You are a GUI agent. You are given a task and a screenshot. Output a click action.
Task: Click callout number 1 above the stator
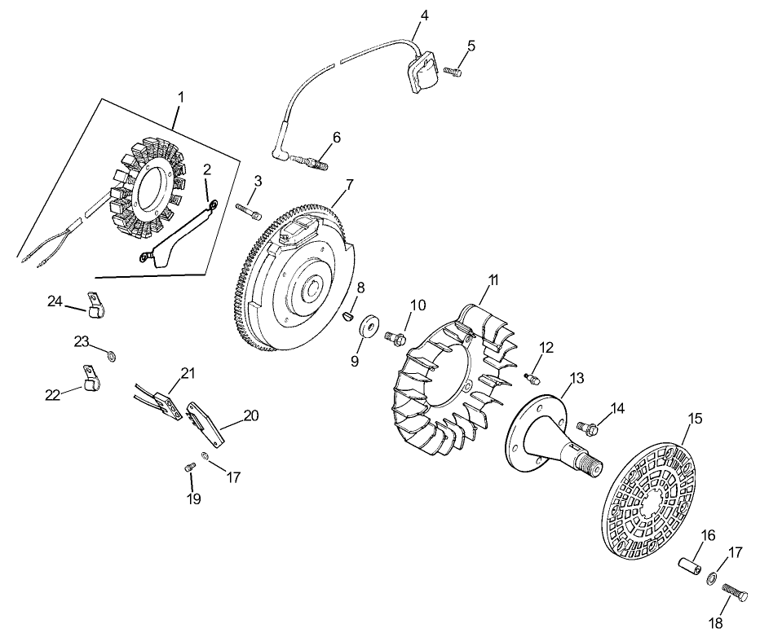click(181, 96)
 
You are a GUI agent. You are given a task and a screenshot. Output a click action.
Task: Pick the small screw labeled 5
click(453, 72)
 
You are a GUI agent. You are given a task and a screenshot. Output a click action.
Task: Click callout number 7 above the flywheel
click(350, 184)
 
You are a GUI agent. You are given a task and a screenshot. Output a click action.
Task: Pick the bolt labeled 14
click(588, 425)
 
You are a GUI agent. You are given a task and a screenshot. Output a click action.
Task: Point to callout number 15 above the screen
click(695, 420)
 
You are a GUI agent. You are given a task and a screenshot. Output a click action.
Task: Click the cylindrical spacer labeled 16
click(689, 564)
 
